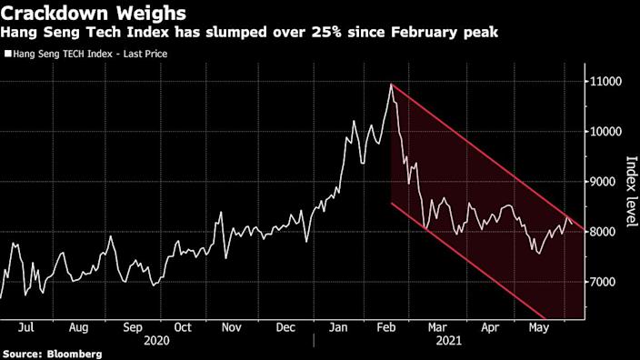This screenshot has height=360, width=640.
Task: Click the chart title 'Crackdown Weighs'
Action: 95,14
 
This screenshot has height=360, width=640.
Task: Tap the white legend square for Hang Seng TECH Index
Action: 8,54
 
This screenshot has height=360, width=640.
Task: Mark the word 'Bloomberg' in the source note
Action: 75,353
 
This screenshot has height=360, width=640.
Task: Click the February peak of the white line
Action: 392,85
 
